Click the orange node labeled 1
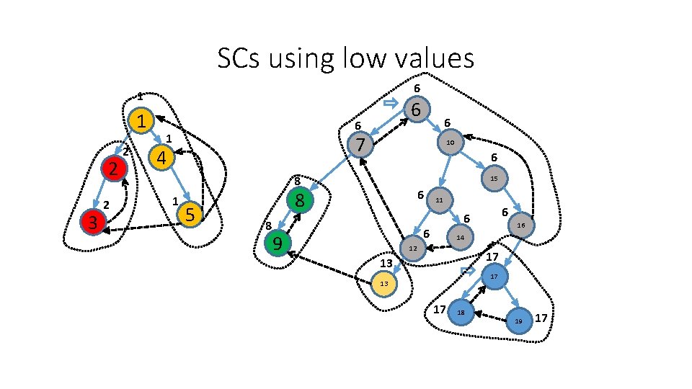pos(143,120)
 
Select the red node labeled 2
pos(113,169)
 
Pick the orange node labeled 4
pos(161,157)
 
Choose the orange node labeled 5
pos(189,214)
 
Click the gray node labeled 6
pos(416,109)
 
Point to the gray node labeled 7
pos(360,145)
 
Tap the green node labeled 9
pos(276,244)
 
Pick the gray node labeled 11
pos(439,200)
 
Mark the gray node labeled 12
pos(412,249)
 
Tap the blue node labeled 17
pos(494,277)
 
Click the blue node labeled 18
pos(461,312)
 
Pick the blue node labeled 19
pos(518,321)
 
